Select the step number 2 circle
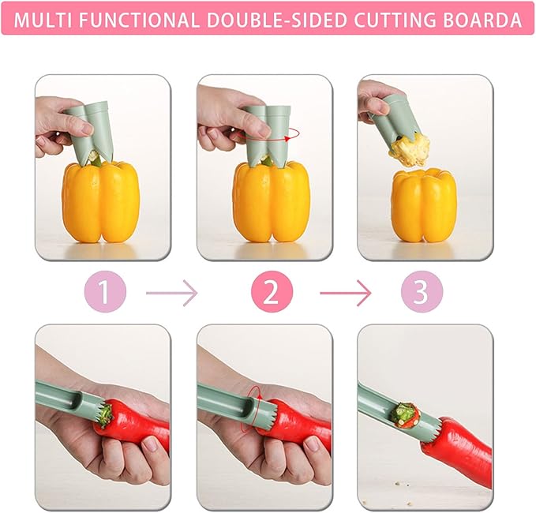pos(271,293)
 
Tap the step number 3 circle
pos(421,293)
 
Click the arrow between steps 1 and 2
pos(171,294)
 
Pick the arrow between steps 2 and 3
pos(345,294)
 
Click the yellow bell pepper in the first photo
pos(101,202)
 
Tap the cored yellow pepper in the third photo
pos(424,204)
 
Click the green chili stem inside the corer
pos(405,413)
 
